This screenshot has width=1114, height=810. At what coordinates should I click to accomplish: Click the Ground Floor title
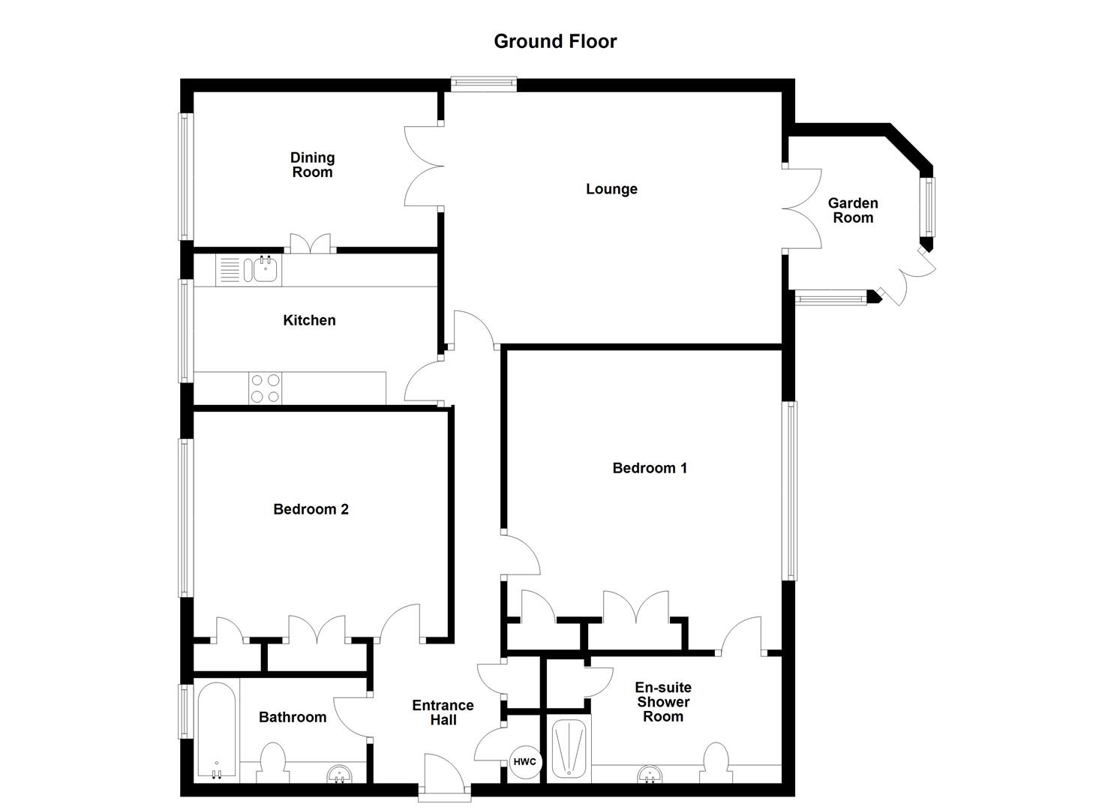555,41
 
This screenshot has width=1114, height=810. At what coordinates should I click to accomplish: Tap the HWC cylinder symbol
524,762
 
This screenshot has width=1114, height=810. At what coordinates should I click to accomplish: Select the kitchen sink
263,269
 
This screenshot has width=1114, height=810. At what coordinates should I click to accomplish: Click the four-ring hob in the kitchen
264,388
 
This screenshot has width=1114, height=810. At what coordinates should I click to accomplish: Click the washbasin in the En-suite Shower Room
650,773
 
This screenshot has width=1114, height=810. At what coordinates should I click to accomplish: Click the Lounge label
611,189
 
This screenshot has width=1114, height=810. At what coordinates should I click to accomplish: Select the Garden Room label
852,211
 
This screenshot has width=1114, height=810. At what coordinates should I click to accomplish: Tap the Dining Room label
312,165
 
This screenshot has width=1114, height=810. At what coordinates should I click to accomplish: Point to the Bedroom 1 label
650,468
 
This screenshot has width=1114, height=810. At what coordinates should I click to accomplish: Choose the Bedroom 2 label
311,509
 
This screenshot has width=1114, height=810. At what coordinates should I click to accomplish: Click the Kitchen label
309,320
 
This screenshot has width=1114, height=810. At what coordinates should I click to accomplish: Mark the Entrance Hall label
443,712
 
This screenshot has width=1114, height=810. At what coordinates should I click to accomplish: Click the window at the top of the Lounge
484,84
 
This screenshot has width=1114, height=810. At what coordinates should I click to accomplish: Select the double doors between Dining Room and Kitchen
311,244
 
